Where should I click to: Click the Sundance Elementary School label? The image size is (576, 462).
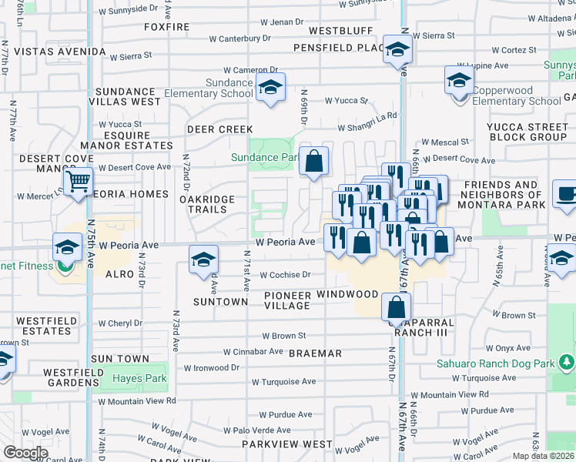[x=229, y=88]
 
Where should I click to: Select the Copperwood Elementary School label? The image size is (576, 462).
[x=516, y=95]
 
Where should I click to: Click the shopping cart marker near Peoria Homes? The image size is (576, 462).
[x=78, y=182]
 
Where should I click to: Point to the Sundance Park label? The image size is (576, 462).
[x=264, y=157]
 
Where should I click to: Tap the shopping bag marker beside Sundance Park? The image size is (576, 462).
[x=313, y=162]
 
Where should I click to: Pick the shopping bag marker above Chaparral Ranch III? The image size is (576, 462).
[x=395, y=308]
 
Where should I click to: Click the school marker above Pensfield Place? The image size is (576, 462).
[x=397, y=49]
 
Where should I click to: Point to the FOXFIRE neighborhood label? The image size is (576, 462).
[x=167, y=27]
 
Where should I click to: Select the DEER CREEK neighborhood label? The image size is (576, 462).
[x=220, y=129]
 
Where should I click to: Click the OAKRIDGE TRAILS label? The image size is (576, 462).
[x=208, y=204]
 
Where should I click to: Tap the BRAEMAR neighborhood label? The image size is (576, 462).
[x=315, y=353]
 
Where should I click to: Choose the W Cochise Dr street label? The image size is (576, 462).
[x=285, y=275]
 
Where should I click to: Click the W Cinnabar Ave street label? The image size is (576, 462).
[x=253, y=351]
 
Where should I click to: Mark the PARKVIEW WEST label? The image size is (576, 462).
[x=286, y=444]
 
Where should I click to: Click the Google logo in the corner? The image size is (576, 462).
[x=25, y=453]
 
